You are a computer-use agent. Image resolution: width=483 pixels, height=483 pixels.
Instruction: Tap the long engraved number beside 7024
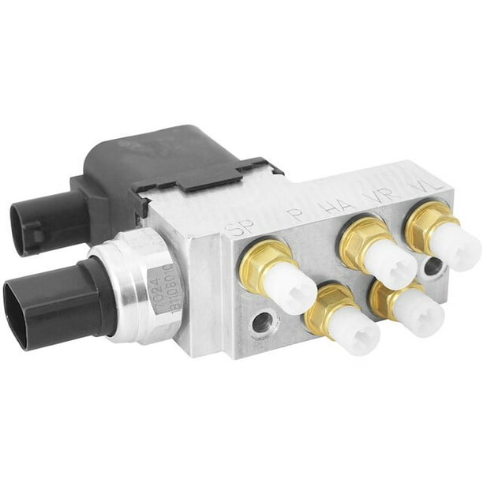click(171, 281)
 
